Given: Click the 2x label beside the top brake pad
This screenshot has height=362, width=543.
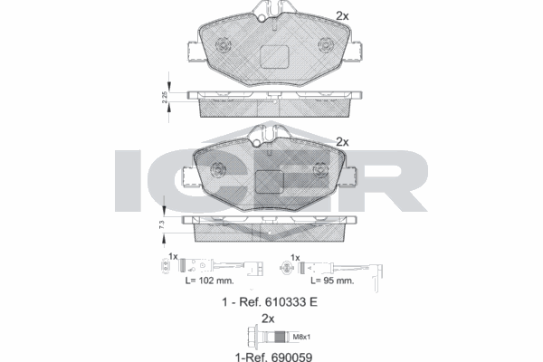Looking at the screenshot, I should pyautogui.click(x=341, y=15).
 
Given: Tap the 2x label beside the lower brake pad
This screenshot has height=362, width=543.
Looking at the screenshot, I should pyautogui.click(x=341, y=141).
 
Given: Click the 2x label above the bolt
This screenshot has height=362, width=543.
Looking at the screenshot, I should pyautogui.click(x=267, y=319).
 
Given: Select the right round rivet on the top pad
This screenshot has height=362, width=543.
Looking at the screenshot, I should pyautogui.click(x=324, y=43).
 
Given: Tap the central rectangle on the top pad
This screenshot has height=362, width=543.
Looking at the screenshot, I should pyautogui.click(x=271, y=56).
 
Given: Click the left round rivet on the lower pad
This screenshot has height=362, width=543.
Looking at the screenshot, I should pyautogui.click(x=218, y=169).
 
